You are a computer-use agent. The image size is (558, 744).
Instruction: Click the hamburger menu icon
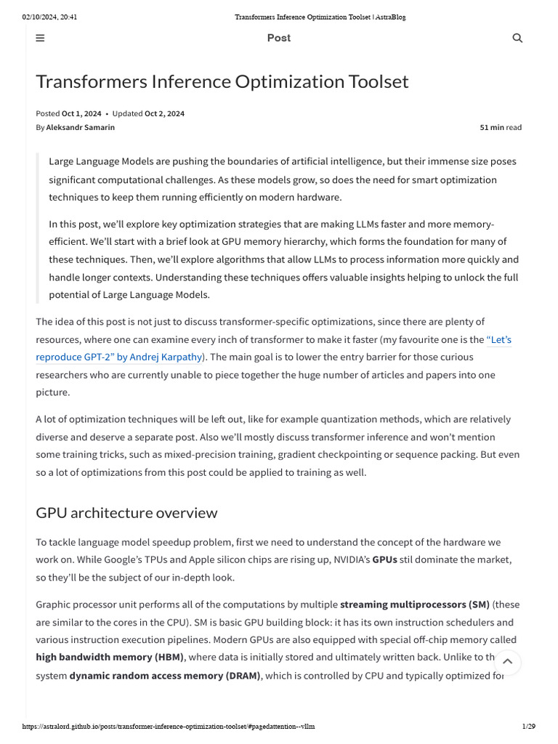[40, 39]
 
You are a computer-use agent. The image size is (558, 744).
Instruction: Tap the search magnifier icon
[517, 39]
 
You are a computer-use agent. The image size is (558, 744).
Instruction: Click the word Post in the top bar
[278, 38]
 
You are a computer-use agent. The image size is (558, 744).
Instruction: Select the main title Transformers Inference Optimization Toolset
[222, 81]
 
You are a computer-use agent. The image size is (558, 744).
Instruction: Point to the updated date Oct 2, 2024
[164, 113]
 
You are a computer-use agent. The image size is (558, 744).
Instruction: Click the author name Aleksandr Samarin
[80, 127]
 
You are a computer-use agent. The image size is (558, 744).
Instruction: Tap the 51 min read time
[500, 127]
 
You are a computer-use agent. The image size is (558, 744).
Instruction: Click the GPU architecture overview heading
[126, 513]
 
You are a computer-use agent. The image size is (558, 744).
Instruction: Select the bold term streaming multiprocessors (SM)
[414, 604]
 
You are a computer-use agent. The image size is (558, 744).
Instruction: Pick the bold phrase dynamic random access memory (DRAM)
[165, 676]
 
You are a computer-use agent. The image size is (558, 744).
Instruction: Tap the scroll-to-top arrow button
[508, 661]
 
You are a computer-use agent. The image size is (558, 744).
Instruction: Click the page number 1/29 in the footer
[528, 727]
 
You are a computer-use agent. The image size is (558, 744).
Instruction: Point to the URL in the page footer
[169, 727]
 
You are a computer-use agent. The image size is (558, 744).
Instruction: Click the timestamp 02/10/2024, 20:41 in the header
[49, 17]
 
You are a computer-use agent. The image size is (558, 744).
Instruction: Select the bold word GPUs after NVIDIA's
[384, 559]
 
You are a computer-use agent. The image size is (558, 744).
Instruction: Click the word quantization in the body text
[383, 419]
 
